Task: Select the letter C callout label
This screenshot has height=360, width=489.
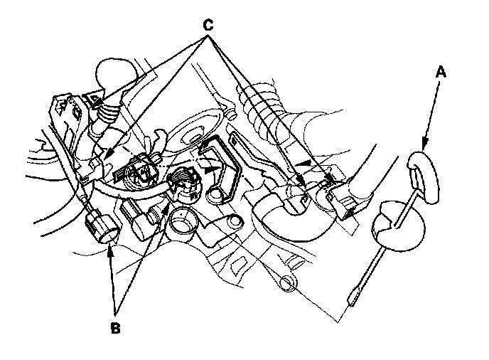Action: pos(208,23)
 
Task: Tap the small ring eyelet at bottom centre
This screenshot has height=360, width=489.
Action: pos(288,283)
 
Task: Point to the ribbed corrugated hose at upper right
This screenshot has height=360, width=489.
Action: pos(267,114)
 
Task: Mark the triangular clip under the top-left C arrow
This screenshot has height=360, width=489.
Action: pos(93,100)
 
